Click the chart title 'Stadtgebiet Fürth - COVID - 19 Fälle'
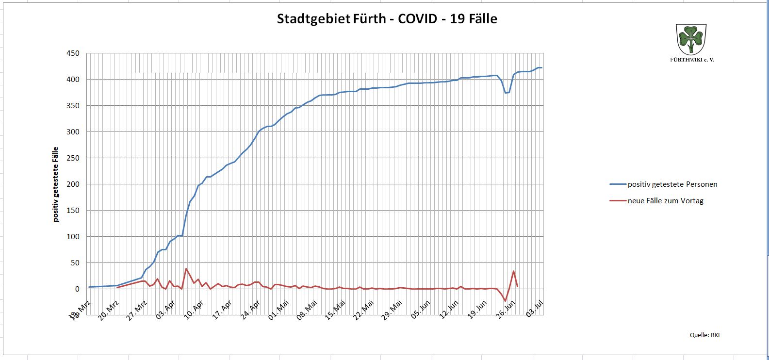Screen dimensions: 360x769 (x=387, y=19)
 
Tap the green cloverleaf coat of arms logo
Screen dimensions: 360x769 (x=691, y=39)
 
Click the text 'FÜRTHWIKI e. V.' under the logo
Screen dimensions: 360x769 (x=692, y=59)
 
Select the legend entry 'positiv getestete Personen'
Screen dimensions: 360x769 (x=672, y=184)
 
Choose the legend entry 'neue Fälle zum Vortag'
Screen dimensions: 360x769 (x=665, y=201)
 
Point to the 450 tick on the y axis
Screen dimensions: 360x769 (x=73, y=53)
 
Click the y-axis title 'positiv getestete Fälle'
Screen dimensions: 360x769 (x=56, y=184)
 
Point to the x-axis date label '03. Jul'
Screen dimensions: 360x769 (x=535, y=308)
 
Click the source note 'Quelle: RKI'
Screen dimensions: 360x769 (x=704, y=335)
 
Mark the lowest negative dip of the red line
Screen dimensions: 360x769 (x=505, y=301)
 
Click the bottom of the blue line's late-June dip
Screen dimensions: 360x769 (x=506, y=93)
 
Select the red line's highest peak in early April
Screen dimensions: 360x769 (x=186, y=268)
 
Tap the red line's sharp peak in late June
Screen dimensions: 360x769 (x=514, y=271)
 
